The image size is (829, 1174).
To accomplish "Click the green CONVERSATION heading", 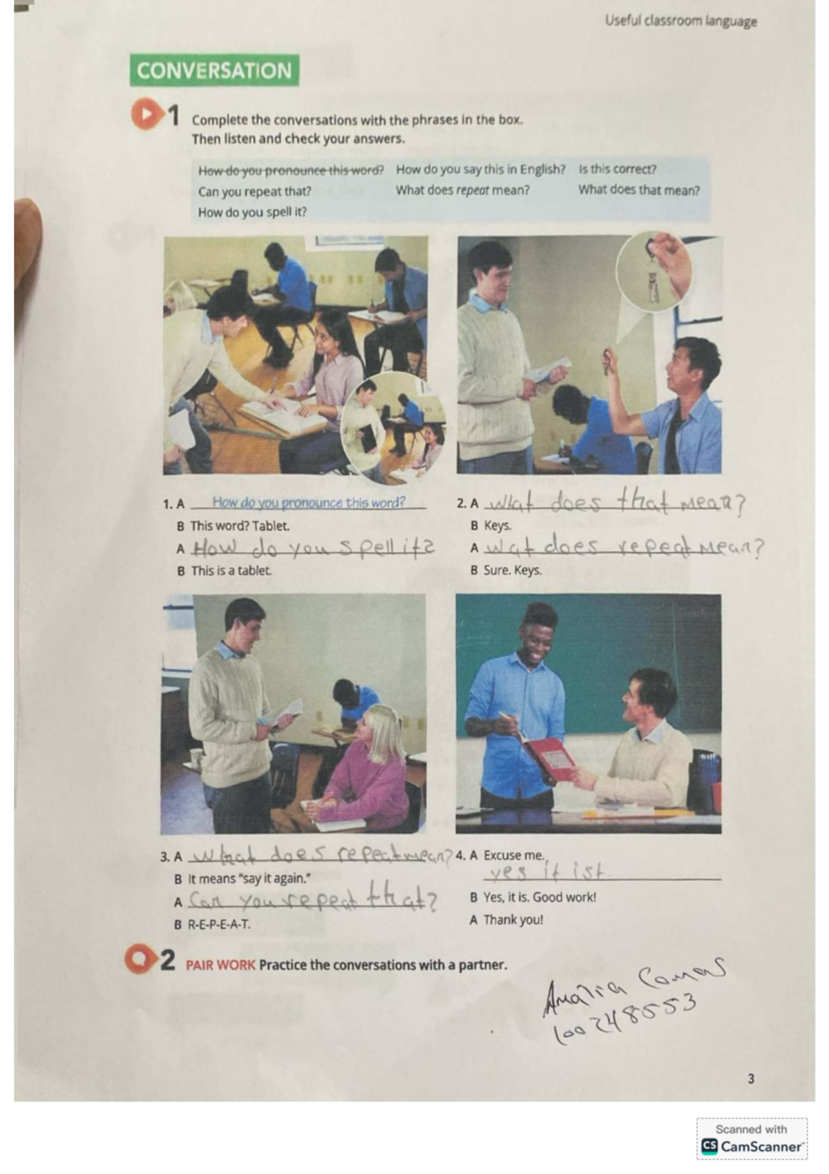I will pyautogui.click(x=214, y=71).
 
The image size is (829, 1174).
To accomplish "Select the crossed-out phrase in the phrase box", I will pyautogui.click(x=290, y=171).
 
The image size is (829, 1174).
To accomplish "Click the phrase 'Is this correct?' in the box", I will pyautogui.click(x=618, y=169).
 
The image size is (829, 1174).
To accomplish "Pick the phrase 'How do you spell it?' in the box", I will pyautogui.click(x=252, y=212).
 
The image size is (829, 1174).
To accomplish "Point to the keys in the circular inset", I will pyautogui.click(x=651, y=280).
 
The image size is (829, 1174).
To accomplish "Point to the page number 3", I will pyautogui.click(x=751, y=1078).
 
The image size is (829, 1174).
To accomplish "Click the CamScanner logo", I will pyautogui.click(x=752, y=1146).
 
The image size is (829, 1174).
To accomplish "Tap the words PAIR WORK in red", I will pyautogui.click(x=220, y=965).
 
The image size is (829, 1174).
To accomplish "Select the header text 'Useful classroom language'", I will pyautogui.click(x=680, y=21).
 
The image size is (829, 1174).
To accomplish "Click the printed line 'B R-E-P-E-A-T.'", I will pyautogui.click(x=213, y=924).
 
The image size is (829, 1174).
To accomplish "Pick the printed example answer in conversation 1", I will pyautogui.click(x=308, y=503).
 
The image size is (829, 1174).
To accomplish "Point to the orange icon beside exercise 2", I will pyautogui.click(x=140, y=959).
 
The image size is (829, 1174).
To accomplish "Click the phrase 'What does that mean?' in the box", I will pyautogui.click(x=638, y=190).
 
